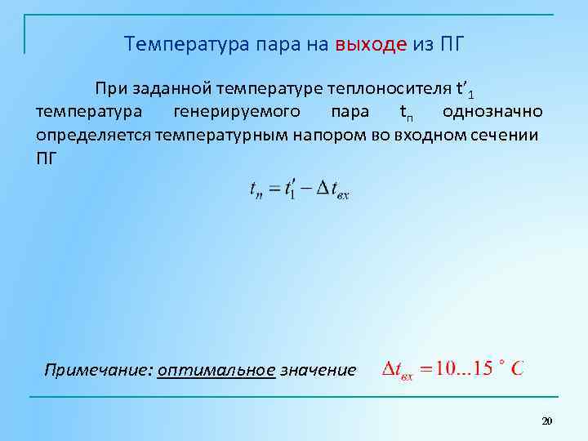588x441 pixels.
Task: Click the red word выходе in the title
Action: point(371,43)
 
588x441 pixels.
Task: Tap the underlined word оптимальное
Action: point(216,370)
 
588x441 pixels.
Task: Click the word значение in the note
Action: point(318,370)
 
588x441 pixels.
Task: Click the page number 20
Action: point(547,421)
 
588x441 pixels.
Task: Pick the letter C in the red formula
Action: point(517,368)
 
